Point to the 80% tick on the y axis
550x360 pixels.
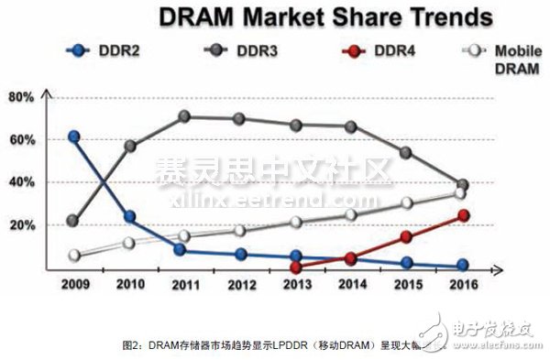click(x=21, y=97)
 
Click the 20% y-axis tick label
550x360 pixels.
click(x=21, y=225)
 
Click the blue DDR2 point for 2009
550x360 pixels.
click(x=74, y=136)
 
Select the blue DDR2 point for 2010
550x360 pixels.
click(x=130, y=217)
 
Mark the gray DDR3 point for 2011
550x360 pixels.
click(x=184, y=116)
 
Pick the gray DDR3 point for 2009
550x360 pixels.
click(x=74, y=221)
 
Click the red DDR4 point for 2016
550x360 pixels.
click(x=463, y=215)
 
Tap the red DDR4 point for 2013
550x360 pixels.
click(x=296, y=267)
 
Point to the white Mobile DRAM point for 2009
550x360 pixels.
click(x=74, y=256)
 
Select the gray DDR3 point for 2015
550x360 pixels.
click(x=407, y=152)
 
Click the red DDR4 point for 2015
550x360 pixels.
click(x=407, y=237)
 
